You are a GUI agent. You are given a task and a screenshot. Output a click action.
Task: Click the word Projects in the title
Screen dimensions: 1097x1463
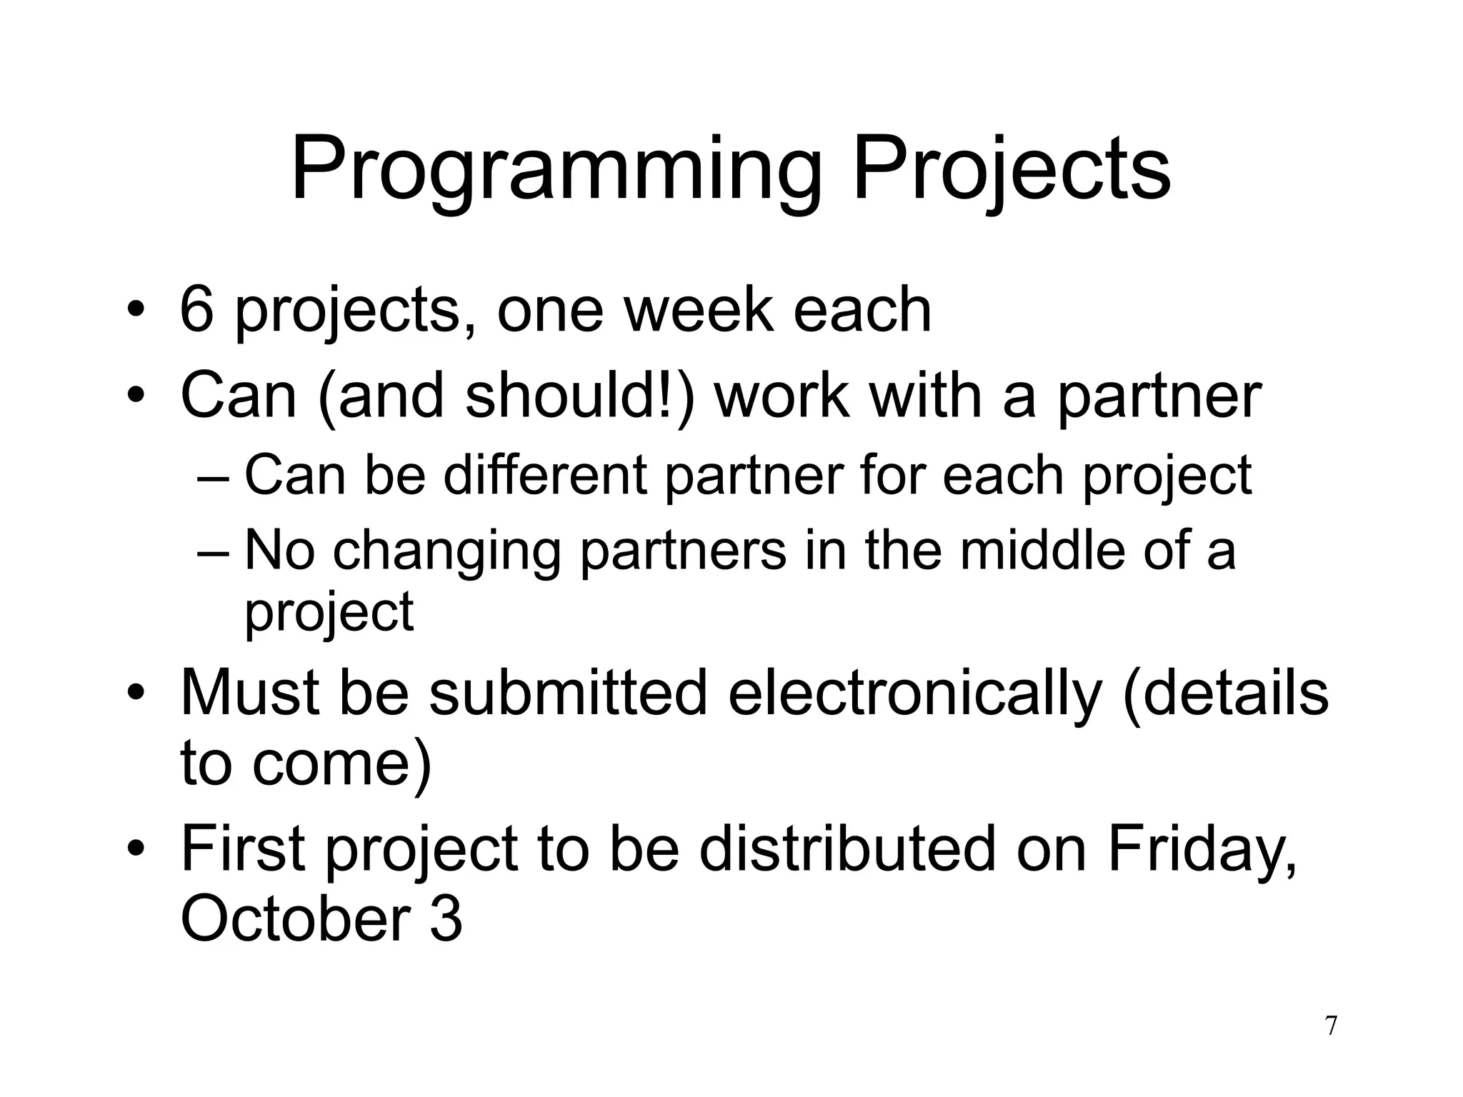pos(1012,171)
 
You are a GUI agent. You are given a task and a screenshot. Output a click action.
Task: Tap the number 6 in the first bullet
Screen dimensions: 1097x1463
pos(197,309)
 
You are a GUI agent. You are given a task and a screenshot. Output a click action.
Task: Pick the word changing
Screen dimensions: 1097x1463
pos(446,551)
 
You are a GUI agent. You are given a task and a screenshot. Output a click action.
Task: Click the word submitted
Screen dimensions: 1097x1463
pos(568,692)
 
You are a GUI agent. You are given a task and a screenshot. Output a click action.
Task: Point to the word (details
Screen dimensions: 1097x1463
pos(1226,692)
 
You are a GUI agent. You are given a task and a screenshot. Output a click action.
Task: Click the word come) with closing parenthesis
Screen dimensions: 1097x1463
pos(342,763)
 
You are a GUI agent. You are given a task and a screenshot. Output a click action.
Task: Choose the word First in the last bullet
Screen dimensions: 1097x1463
pos(244,848)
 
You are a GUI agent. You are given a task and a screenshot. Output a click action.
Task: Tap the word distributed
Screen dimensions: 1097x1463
pos(847,848)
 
